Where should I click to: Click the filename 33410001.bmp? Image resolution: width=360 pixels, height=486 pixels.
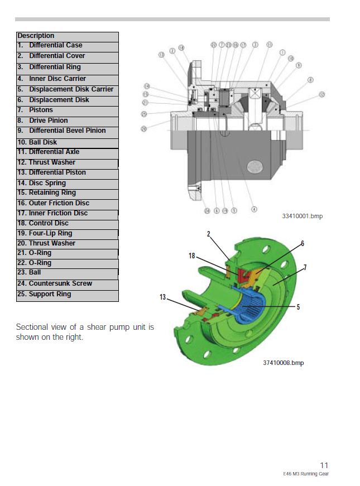click(x=302, y=216)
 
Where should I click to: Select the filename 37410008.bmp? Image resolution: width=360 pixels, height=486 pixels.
click(x=284, y=363)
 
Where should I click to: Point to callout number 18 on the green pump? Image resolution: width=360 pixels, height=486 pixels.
click(x=191, y=256)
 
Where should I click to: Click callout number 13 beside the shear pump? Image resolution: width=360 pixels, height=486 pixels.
click(x=162, y=297)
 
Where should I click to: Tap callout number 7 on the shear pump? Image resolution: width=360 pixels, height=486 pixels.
click(x=305, y=268)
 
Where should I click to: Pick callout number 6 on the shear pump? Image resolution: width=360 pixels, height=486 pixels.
click(x=302, y=243)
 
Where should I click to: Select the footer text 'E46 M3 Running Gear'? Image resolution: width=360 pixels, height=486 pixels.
click(x=306, y=474)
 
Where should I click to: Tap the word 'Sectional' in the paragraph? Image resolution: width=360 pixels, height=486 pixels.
click(x=33, y=327)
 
